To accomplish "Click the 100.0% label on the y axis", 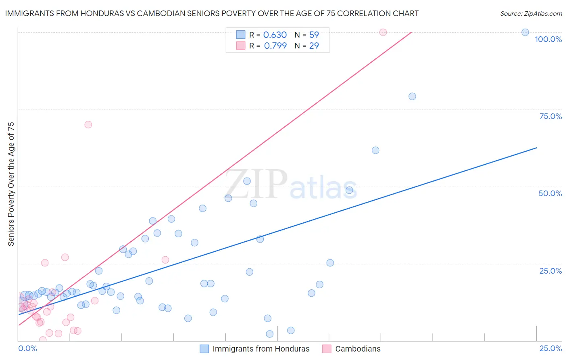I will [548, 39].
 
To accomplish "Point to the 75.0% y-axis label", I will [550, 116].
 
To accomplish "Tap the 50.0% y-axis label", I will [550, 193].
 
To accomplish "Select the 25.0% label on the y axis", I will [550, 270].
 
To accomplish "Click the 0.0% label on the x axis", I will [27, 348].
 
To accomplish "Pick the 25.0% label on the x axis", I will [550, 348].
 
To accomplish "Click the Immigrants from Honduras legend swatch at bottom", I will [204, 349].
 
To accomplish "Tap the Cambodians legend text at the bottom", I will [358, 349].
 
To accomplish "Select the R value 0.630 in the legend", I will [275, 35].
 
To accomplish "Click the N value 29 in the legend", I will [314, 46].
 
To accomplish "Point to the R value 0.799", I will [275, 46].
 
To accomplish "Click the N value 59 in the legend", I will [314, 35].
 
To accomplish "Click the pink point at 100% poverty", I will [383, 32].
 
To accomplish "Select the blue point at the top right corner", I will [525, 32].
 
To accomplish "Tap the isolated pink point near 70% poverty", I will [88, 125].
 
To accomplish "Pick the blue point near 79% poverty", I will [412, 96].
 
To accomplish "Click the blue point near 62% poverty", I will [375, 151].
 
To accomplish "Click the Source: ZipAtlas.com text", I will [531, 14].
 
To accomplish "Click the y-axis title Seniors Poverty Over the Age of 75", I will [11, 184].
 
